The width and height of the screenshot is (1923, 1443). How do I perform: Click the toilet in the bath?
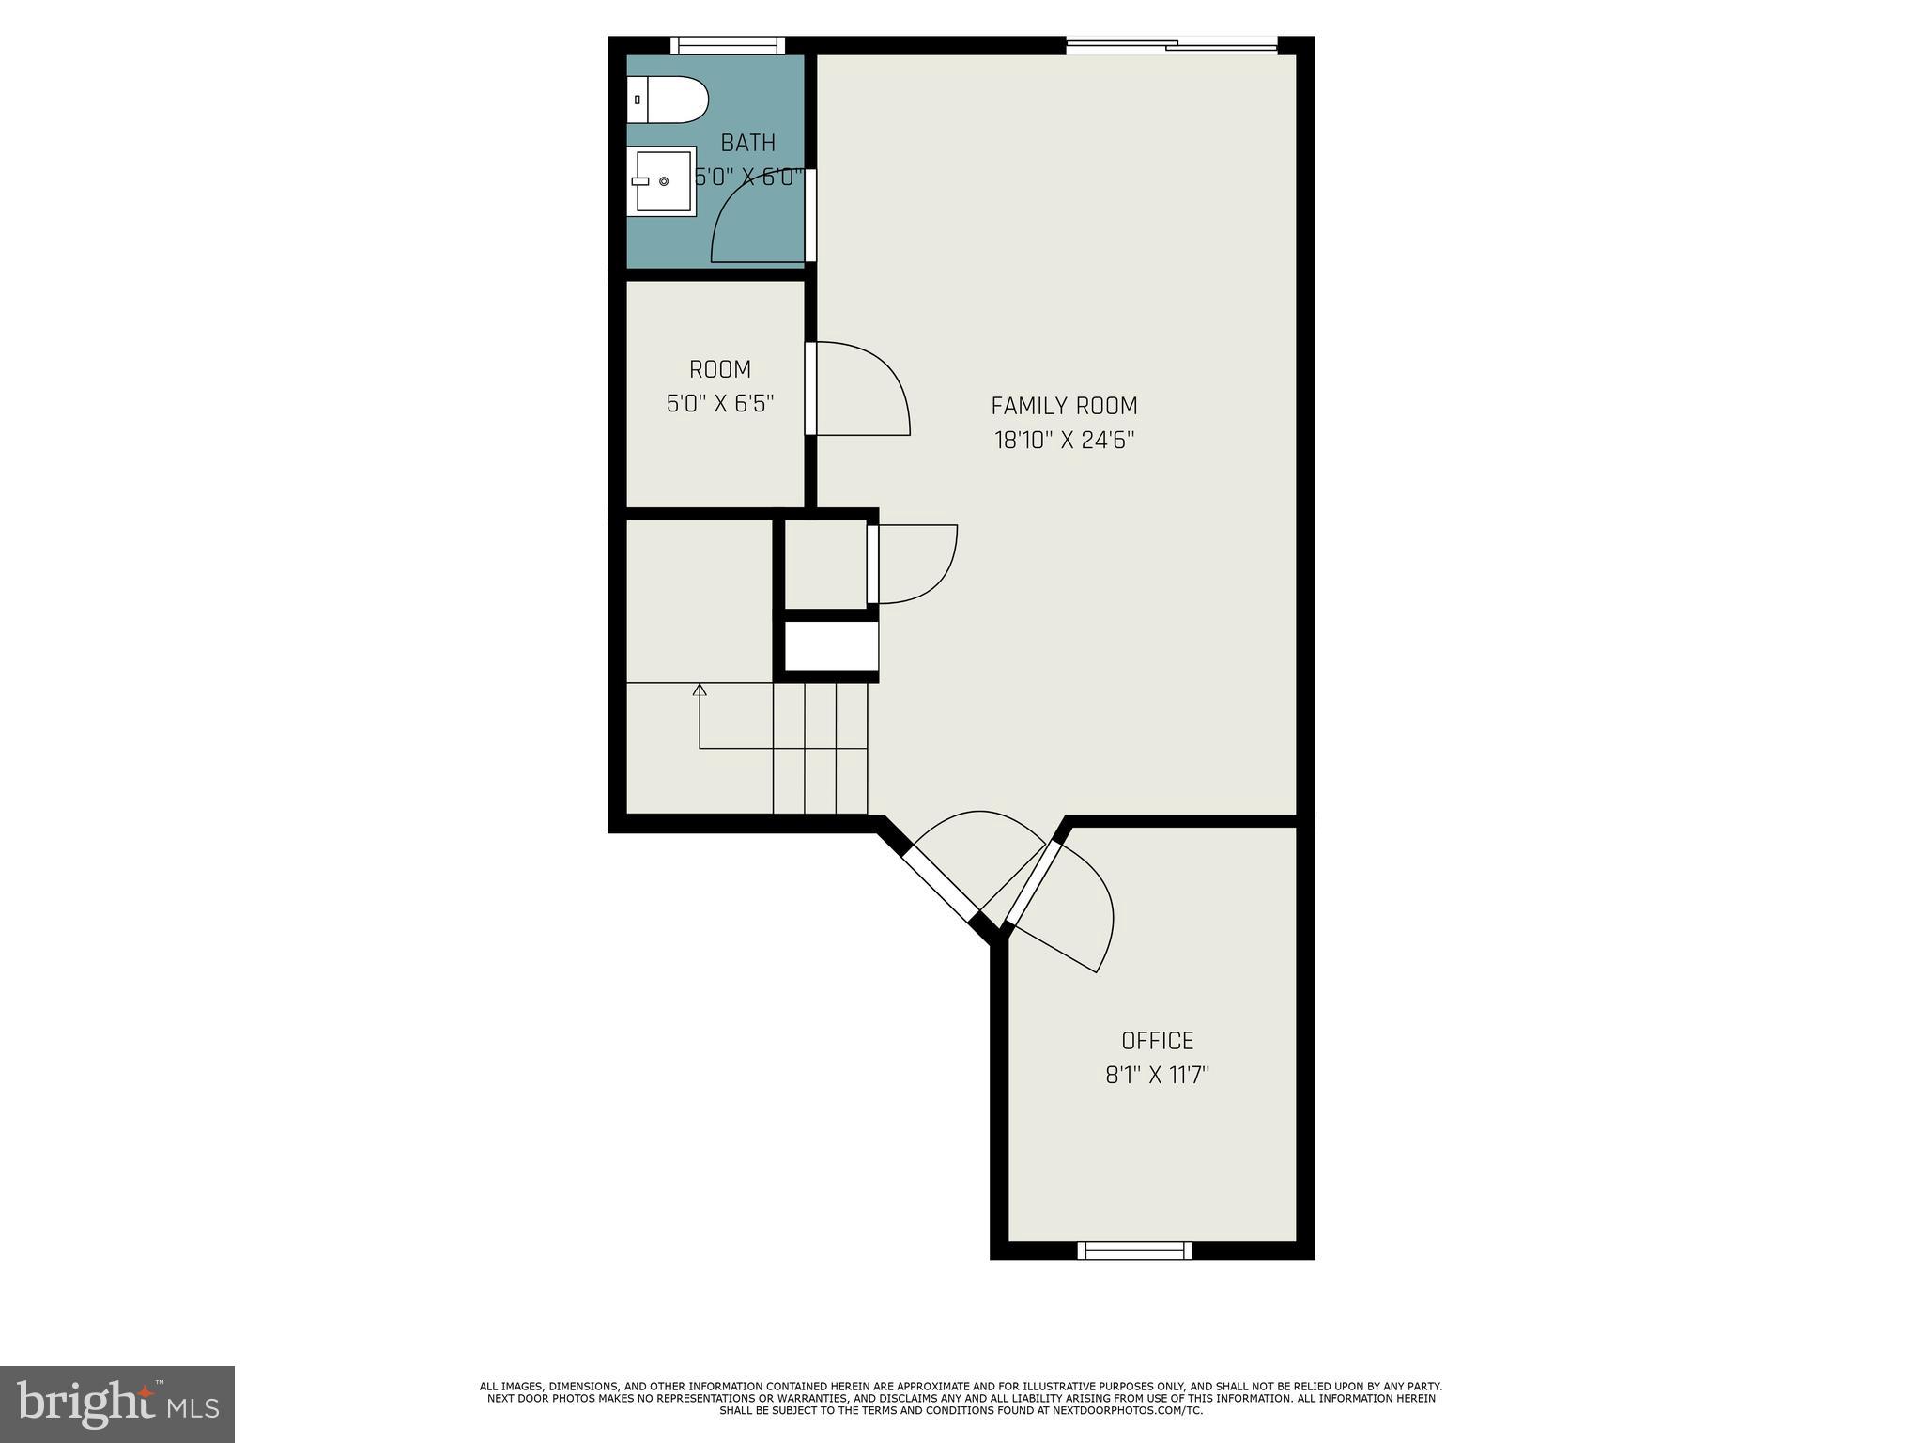point(669,100)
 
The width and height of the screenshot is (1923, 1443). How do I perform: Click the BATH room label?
point(748,143)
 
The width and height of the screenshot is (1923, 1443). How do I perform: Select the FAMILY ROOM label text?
point(1064,406)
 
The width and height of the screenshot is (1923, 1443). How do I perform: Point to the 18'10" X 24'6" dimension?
point(1064,440)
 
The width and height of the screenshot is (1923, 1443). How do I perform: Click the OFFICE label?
point(1157,1040)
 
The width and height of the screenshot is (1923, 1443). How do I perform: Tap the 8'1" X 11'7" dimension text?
point(1157,1075)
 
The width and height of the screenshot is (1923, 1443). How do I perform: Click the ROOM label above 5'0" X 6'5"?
point(720,369)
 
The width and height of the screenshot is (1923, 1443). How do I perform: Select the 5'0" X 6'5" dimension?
point(720,404)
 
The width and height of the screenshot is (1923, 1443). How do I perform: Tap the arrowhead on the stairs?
point(700,690)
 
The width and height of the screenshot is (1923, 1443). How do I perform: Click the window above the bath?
point(728,45)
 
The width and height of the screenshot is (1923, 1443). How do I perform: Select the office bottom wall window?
point(1134,1249)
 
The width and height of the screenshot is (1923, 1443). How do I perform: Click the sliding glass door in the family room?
point(1172,44)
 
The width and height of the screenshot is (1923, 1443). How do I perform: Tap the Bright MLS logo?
point(117,1404)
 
